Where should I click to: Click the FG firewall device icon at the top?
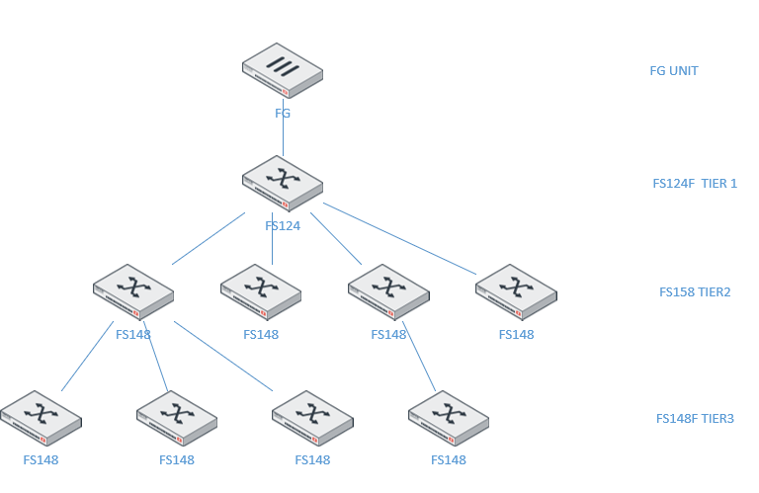click(x=283, y=70)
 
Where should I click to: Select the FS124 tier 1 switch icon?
click(x=283, y=182)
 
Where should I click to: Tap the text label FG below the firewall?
click(x=283, y=114)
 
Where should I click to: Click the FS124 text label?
click(x=283, y=225)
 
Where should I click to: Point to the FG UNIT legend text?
click(x=674, y=71)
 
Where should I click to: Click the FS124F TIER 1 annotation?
click(x=695, y=183)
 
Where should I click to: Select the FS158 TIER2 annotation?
click(x=695, y=292)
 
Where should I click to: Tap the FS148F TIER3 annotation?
click(x=695, y=419)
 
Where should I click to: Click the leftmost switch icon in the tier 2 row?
click(x=133, y=290)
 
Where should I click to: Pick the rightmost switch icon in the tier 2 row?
click(x=516, y=290)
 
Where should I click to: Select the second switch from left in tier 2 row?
click(x=261, y=290)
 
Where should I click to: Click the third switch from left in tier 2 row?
click(x=388, y=290)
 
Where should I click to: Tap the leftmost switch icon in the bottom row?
click(x=41, y=417)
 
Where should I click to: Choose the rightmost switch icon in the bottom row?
click(x=449, y=417)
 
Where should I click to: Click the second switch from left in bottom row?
click(x=177, y=417)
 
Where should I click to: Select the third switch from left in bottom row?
click(x=312, y=417)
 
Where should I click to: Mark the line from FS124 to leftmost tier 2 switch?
click(x=208, y=238)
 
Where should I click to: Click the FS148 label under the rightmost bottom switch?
click(x=449, y=460)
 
